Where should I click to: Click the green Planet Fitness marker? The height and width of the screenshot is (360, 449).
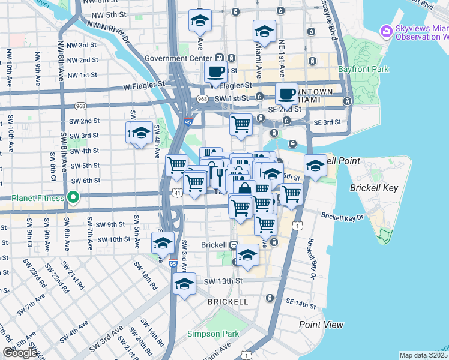click(73, 197)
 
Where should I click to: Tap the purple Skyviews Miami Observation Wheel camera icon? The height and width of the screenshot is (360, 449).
click(387, 31)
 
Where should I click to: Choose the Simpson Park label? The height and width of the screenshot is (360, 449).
click(212, 334)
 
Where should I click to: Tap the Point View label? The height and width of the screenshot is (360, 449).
click(321, 325)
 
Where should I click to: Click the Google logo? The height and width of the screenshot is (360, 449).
click(20, 353)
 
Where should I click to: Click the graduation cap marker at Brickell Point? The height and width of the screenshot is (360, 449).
click(315, 166)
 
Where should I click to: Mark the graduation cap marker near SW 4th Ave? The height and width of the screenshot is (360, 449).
click(140, 133)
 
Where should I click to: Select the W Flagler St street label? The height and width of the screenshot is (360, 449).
click(143, 85)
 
